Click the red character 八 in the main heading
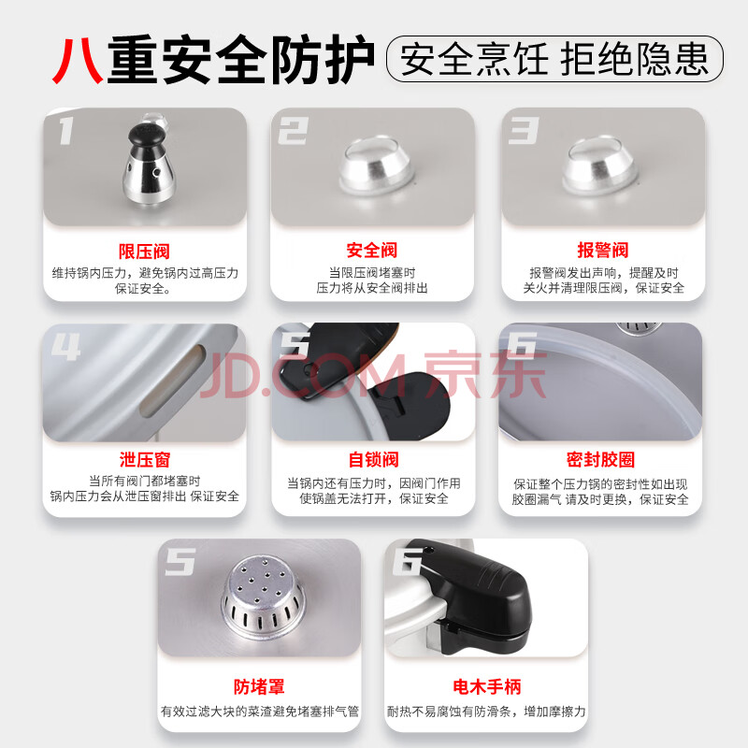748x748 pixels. pos(78,61)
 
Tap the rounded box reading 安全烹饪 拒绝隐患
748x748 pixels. pos(554,59)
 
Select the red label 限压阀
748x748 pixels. pos(144,251)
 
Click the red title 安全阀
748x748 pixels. pos(371,250)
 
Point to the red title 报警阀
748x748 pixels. pos(602,250)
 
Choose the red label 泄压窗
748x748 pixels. pos(145,460)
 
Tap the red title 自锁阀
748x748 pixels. pos(373,459)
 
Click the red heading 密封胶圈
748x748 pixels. pos(600,459)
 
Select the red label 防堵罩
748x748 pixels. pos(259,686)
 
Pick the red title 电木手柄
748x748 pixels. pos(486,686)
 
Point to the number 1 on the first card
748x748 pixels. pos(66,131)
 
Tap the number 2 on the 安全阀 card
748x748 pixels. pos(293,130)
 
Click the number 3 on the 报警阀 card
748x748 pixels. pos(524,130)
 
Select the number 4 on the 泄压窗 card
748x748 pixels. pos(65,346)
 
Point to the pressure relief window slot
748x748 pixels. pos(172,380)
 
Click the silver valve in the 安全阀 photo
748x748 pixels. pos(376,166)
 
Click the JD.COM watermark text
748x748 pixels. pos(373,376)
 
